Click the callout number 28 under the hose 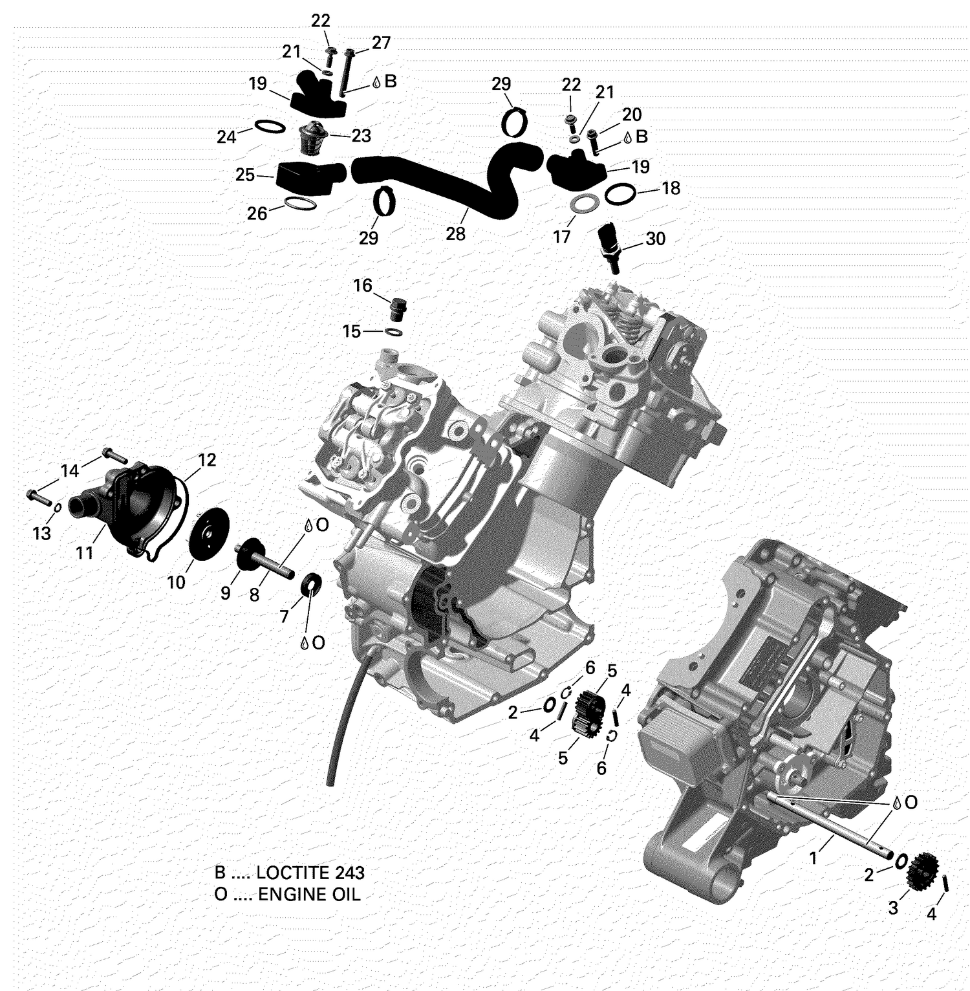click(455, 234)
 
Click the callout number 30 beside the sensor click(655, 239)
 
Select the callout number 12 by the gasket click(206, 460)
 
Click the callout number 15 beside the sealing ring click(351, 332)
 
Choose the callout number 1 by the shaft click(814, 858)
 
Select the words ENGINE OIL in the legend click(309, 895)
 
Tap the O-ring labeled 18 click(618, 193)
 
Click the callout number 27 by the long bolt click(381, 43)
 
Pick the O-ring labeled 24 click(270, 126)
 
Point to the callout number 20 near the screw click(631, 114)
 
